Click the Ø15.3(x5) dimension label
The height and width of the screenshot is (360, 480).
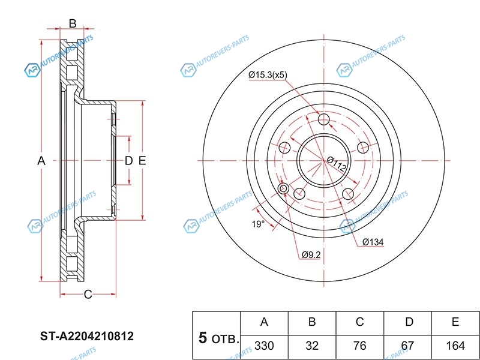coord(268,75)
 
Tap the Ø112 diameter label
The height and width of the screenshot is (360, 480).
coord(337,164)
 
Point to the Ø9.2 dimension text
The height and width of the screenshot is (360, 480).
coord(311,255)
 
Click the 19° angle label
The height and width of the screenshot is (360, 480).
coord(257,224)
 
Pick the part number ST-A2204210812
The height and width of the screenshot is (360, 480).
coord(87,336)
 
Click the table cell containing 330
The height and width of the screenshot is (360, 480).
coord(264,346)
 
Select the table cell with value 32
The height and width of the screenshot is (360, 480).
coord(312,346)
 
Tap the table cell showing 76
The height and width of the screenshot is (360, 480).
coord(360,346)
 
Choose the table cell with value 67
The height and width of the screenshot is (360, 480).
coord(409,346)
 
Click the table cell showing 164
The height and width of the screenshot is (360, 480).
coord(455,346)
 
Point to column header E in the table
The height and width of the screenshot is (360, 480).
coord(455,322)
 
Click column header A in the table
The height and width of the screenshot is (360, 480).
coord(264,322)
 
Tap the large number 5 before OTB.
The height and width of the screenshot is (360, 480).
coord(203,338)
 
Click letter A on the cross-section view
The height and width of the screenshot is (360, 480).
coord(41,161)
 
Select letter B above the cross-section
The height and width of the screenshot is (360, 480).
coord(72,24)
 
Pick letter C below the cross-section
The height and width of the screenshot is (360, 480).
coord(88,295)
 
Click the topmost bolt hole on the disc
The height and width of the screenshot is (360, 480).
coord(325,121)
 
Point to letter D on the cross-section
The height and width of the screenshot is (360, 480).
coord(128,161)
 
